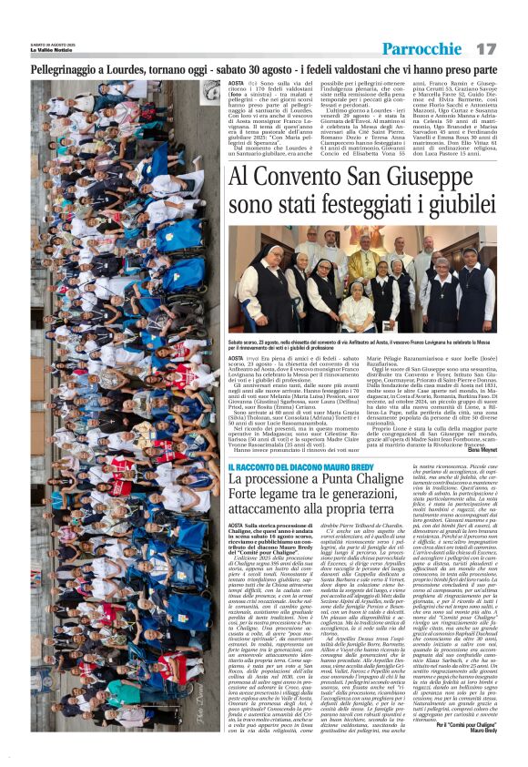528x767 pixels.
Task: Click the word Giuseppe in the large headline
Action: [447, 177]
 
